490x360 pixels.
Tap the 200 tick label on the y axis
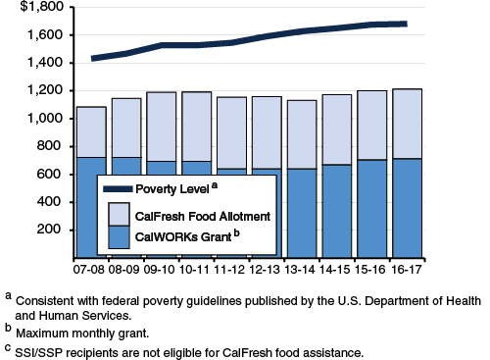[52, 230]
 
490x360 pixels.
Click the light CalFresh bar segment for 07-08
[91, 131]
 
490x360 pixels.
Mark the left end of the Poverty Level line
[92, 59]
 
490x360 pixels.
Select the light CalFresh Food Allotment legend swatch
[119, 214]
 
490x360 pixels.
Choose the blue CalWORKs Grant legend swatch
[119, 236]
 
